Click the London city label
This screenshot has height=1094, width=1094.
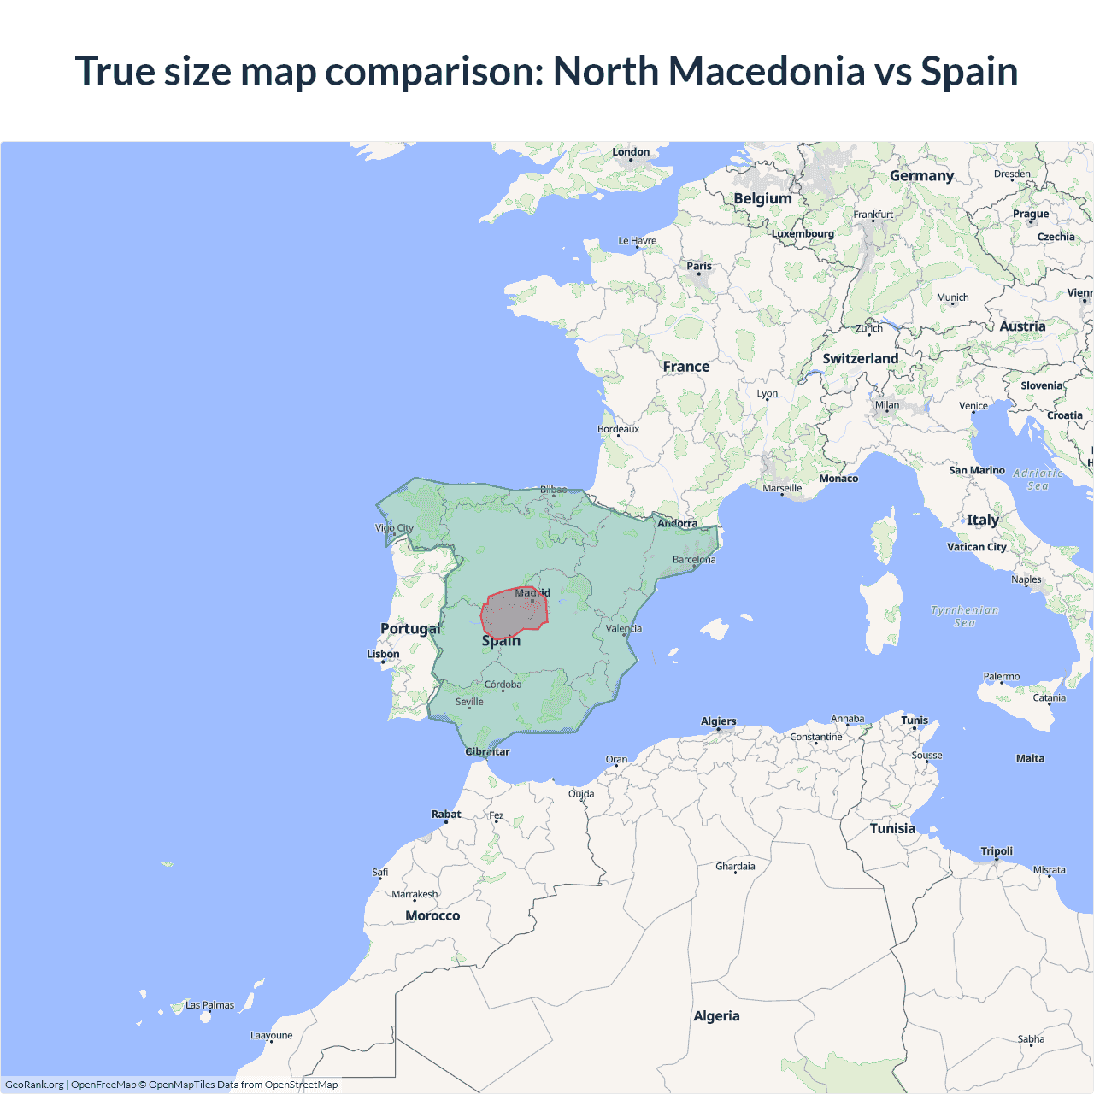(x=631, y=152)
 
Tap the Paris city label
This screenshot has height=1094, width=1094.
(x=699, y=266)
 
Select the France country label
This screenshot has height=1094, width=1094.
(x=686, y=367)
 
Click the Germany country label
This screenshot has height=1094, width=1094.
(x=921, y=175)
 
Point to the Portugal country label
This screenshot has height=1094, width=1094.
(x=410, y=628)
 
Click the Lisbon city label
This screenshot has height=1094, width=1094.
(x=383, y=654)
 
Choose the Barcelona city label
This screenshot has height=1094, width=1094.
(x=694, y=560)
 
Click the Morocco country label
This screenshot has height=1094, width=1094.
(x=432, y=915)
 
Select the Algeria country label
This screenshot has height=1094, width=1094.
(x=716, y=1015)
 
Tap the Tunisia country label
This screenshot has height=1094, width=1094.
(x=892, y=828)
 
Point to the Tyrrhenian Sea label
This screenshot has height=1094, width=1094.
(x=964, y=616)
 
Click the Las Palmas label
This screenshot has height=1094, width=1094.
(x=209, y=1005)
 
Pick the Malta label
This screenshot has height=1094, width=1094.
(x=1030, y=758)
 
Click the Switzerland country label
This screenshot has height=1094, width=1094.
(x=860, y=358)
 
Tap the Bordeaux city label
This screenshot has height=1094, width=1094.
(x=618, y=429)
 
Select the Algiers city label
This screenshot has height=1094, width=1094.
(x=718, y=721)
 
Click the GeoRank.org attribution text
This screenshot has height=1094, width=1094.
(x=34, y=1085)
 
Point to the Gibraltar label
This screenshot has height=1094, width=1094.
(x=487, y=751)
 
